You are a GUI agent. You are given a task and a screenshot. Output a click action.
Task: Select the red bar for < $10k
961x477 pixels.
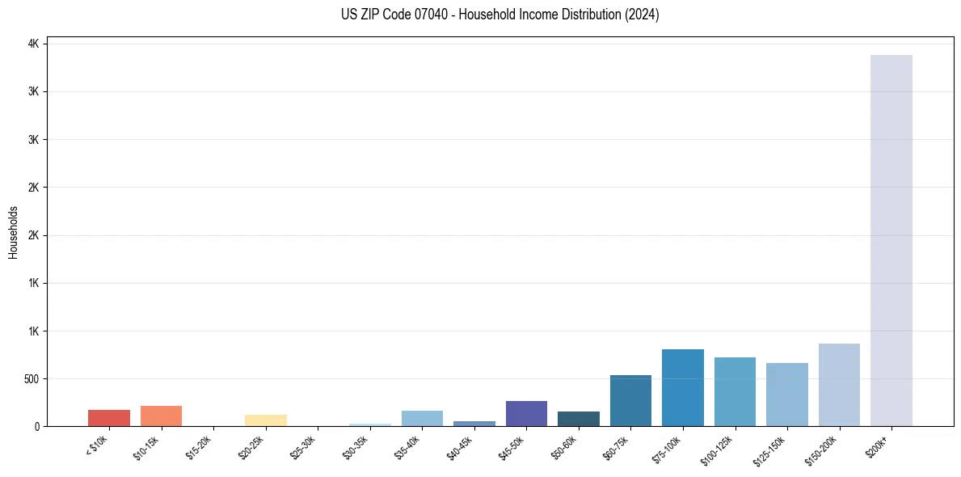109,418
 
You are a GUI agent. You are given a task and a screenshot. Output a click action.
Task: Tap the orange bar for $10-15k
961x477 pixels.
161,416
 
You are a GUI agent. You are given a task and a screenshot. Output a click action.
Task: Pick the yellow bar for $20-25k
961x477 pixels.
265,420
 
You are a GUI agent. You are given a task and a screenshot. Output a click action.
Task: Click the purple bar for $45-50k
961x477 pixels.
526,413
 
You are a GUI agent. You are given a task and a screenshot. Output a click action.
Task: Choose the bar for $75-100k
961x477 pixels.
683,387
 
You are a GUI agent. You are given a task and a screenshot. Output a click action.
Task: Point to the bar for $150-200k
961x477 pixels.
839,385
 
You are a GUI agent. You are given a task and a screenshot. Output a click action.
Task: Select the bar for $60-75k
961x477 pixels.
630,400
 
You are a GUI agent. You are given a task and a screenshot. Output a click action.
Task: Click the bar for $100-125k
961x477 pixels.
735,391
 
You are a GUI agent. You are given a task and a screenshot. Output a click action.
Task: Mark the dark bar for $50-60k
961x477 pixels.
579,419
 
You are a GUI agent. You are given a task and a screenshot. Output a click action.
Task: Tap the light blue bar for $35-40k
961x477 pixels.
422,418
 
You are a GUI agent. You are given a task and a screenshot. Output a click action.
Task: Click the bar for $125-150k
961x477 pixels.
787,395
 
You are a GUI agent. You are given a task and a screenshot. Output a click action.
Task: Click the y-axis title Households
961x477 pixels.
13,231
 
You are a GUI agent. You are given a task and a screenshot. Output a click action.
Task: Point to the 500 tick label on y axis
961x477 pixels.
30,378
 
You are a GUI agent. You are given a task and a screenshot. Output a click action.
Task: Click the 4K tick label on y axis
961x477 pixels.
33,44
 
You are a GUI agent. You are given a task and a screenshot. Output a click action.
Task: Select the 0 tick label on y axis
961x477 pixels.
36,426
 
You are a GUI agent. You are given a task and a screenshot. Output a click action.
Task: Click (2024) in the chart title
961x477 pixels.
642,15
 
